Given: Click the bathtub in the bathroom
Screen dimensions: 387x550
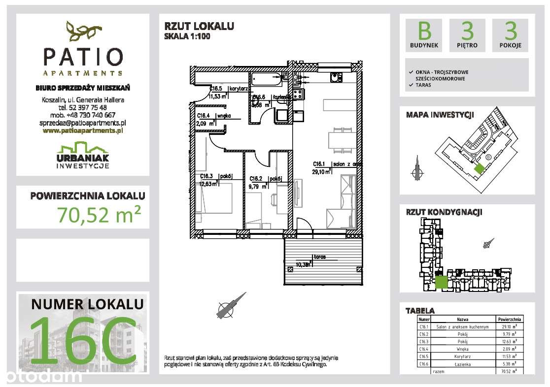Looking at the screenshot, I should coord(267,78).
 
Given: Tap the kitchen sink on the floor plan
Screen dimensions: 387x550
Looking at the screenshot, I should coord(336,78).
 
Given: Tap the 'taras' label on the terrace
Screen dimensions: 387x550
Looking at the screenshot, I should coord(318,257).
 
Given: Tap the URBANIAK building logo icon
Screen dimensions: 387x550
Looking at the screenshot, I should coord(82,147).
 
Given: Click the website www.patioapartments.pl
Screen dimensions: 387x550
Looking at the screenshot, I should coord(83,131).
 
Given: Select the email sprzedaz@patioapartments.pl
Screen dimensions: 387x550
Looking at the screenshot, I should coord(83,123).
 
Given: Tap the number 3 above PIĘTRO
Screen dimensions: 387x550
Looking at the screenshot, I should coord(467,32).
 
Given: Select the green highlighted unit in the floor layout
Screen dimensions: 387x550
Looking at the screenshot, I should coord(441,283).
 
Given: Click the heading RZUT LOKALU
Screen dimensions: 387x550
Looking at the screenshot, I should coord(199,27).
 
